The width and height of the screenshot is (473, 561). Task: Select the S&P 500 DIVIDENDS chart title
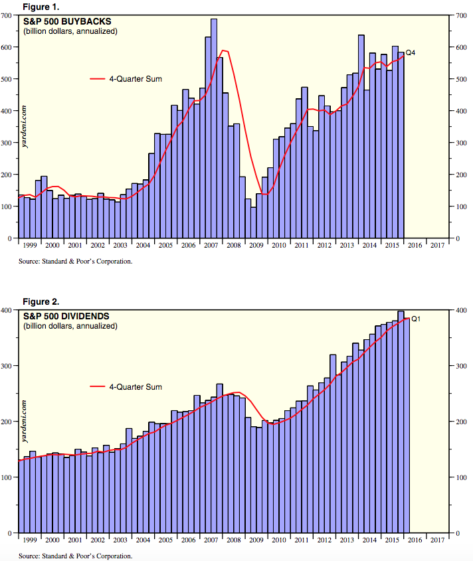66,316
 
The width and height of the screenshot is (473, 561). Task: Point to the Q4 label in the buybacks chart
411,52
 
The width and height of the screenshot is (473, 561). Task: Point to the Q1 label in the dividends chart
417,319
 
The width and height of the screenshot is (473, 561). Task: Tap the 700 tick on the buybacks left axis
9,15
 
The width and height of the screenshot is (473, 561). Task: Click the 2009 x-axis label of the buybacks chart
256,245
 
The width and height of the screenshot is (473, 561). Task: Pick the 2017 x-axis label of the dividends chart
437,540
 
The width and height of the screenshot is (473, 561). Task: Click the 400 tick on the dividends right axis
461,310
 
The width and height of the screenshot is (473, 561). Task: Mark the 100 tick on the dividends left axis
9,477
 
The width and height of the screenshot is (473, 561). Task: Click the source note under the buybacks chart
75,261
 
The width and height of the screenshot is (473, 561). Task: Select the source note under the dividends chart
75,556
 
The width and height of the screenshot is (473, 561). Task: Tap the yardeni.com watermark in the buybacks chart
25,127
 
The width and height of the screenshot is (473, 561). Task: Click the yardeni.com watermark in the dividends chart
25,422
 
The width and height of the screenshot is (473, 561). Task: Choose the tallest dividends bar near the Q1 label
401,418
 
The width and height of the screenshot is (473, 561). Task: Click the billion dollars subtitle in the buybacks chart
70,31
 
